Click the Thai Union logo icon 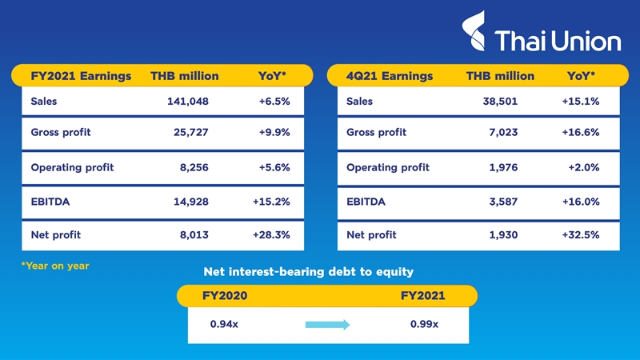point(476,30)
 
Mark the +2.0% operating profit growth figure point(583,168)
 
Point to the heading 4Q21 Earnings point(390,77)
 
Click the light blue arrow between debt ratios point(328,325)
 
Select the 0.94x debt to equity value point(224,324)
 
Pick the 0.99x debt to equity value point(424,324)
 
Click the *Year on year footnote point(55,266)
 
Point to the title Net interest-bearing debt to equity point(308,272)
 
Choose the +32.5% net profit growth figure point(581,235)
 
